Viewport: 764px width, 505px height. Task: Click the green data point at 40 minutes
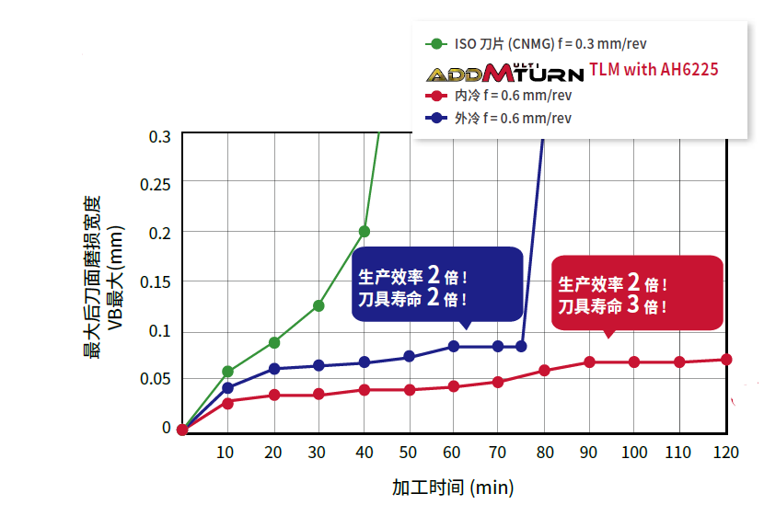click(365, 231)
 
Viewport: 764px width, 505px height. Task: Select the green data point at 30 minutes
click(318, 305)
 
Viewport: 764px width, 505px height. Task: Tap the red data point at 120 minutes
click(726, 360)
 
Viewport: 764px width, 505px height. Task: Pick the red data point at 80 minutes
click(544, 371)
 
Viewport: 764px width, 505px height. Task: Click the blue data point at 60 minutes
click(454, 346)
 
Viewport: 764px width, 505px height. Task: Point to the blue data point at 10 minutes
click(228, 388)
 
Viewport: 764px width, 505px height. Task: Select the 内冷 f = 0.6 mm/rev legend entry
click(503, 96)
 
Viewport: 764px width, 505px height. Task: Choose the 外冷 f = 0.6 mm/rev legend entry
click(503, 118)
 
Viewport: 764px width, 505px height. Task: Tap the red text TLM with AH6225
click(654, 69)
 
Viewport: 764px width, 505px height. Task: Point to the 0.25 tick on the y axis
click(156, 184)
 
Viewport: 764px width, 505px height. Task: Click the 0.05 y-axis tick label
click(156, 378)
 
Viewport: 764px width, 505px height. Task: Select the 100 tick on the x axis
click(634, 452)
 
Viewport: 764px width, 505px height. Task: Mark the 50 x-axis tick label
click(409, 452)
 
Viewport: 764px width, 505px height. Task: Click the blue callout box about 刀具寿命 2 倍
click(437, 284)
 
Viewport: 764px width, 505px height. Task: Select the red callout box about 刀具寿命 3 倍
click(636, 293)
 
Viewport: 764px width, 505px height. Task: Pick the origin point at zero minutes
click(182, 430)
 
